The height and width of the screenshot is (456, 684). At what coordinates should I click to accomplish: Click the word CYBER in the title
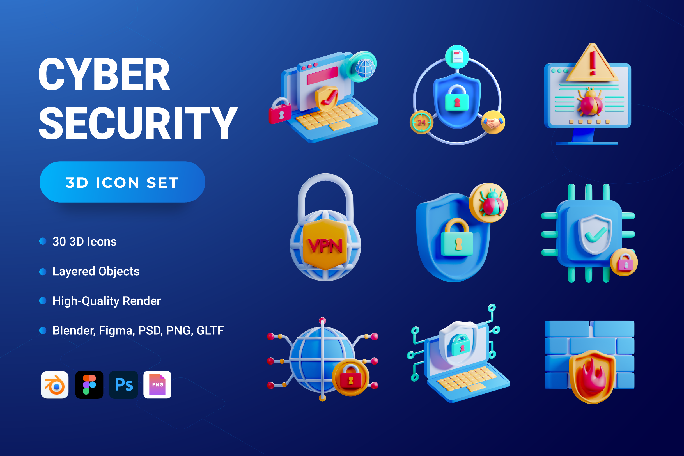pos(104,74)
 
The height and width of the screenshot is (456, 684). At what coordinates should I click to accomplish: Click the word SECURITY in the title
pos(138,123)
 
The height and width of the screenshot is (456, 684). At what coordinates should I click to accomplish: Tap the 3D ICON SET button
pos(122,182)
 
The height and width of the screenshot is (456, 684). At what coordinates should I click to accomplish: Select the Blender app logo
pos(55,384)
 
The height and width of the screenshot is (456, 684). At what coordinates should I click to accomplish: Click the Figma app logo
pos(89,384)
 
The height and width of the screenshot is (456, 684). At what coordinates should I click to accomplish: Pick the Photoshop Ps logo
pos(123,384)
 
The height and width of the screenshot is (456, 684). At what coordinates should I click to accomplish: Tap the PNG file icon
pos(157,384)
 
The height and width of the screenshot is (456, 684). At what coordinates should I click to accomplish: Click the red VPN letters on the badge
pos(325,246)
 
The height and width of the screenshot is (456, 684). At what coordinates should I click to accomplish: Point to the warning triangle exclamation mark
pos(593,63)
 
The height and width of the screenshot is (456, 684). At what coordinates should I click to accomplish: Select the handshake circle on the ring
pos(493,122)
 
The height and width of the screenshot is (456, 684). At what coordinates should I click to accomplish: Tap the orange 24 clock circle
pos(421,122)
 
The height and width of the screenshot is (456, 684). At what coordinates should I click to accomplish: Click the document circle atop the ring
pos(457,57)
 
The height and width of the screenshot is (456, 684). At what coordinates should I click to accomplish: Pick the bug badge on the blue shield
pos(488,203)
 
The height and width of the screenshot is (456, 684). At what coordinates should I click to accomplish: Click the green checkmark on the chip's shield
pos(595,234)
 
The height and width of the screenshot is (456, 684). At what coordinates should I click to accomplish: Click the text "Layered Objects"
pos(96,271)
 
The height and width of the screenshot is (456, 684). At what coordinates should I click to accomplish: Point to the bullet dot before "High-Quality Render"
pos(43,301)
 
